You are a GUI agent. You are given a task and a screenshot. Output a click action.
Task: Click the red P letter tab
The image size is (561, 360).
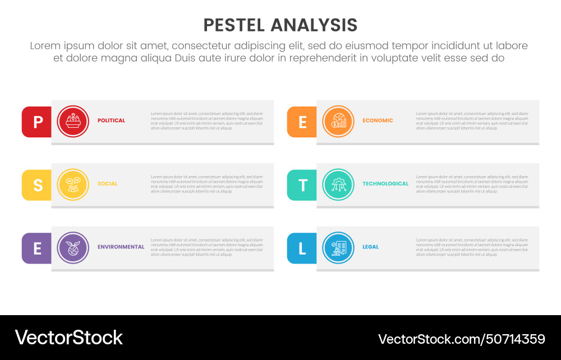coord(37,122)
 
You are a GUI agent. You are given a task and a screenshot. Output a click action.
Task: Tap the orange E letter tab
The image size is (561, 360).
coord(302,122)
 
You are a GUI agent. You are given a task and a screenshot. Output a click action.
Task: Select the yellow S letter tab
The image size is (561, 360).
coord(37,185)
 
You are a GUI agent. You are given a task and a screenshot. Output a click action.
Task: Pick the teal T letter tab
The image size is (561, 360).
coord(302,185)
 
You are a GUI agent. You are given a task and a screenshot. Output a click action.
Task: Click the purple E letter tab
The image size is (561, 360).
coord(37,248)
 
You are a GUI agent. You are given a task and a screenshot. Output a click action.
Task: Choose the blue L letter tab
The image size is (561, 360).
coord(302,248)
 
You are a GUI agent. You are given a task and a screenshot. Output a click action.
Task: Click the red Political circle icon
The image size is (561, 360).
coord(73,122)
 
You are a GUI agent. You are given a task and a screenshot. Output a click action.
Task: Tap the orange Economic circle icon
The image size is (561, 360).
coord(338,122)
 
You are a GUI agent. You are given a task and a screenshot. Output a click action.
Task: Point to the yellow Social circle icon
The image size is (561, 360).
coord(73,184)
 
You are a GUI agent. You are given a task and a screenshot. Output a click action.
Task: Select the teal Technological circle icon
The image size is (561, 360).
coord(338,184)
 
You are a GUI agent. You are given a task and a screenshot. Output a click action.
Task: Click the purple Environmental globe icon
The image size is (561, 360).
coord(73,248)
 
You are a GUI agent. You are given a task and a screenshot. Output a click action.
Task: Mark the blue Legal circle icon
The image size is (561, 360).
coord(338,248)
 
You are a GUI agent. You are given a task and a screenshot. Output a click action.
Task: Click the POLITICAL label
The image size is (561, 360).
coord(111,121)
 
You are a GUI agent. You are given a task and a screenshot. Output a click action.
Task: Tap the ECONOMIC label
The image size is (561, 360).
coord(378,121)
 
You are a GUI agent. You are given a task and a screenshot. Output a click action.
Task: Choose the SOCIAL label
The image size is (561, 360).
coord(108,184)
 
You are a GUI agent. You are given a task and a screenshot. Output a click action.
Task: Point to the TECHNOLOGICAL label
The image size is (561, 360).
coord(385,184)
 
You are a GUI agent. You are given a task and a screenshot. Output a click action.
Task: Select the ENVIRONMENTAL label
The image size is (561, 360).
coord(121,247)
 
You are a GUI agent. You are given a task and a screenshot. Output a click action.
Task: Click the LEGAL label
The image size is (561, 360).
coord(370,247)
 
